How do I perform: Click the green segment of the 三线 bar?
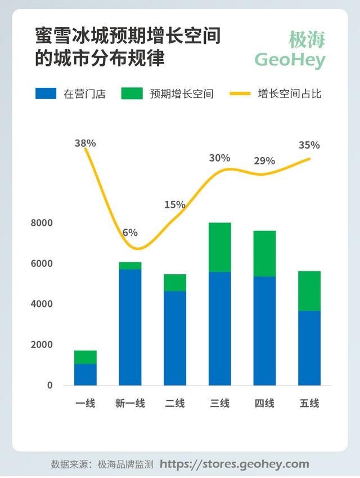[x=219, y=247]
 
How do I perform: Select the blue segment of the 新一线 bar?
[x=130, y=327]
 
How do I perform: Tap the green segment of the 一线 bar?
[x=85, y=357]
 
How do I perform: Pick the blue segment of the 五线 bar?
[x=309, y=347]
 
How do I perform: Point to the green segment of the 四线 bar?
[x=264, y=253]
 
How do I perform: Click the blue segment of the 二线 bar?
[x=175, y=338]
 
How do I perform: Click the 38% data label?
[x=85, y=143]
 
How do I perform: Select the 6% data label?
[x=130, y=232]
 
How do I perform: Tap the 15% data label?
[x=175, y=204]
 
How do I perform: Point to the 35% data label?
[x=309, y=145]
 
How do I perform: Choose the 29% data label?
[x=264, y=161]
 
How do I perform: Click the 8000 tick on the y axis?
[x=42, y=223]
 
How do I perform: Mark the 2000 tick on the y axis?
[x=42, y=345]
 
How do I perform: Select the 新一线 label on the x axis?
[x=130, y=403]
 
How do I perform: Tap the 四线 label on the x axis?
[x=264, y=403]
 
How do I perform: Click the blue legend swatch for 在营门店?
[x=46, y=93]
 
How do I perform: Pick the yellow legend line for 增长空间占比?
[x=240, y=93]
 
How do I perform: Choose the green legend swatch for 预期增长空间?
[x=132, y=93]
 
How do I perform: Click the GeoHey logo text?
[x=290, y=59]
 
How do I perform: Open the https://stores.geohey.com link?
[x=235, y=464]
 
